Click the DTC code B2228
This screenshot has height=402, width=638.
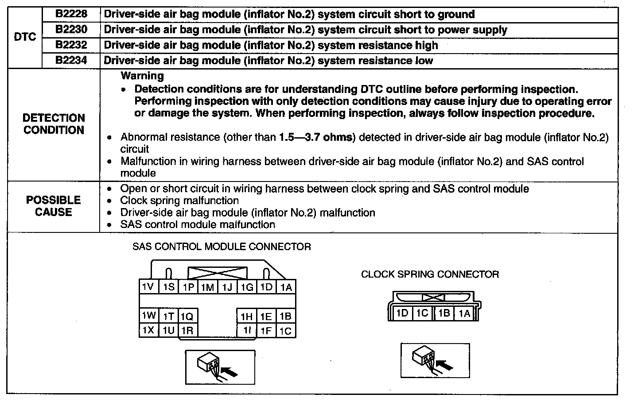[x=71, y=14]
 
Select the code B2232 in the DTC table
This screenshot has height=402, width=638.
[x=71, y=45]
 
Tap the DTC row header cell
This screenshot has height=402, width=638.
[x=25, y=37]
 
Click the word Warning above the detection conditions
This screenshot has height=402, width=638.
[x=142, y=76]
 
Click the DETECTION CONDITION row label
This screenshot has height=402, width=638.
[x=54, y=124]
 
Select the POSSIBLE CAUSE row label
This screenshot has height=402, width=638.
[x=54, y=206]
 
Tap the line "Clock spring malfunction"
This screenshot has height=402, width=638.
[x=179, y=201]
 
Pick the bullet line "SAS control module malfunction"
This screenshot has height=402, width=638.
[x=198, y=224]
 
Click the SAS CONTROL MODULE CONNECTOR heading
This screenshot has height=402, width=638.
[x=222, y=247]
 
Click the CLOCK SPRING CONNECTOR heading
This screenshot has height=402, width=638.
[x=430, y=274]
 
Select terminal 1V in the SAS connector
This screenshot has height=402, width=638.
[x=148, y=287]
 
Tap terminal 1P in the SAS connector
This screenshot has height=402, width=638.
[x=188, y=287]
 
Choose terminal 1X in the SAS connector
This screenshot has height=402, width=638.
[x=148, y=330]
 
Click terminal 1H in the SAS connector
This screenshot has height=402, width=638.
[x=246, y=316]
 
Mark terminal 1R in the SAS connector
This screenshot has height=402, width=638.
[x=187, y=331]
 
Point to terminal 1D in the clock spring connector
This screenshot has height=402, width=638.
[x=402, y=313]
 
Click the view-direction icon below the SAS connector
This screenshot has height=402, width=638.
[x=220, y=367]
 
